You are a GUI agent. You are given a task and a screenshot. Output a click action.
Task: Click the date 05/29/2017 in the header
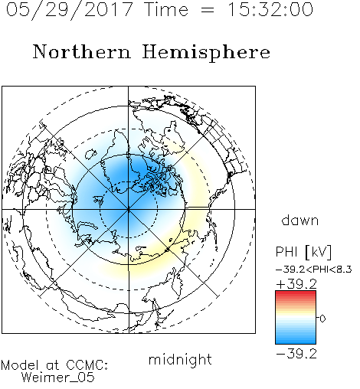coord(70,10)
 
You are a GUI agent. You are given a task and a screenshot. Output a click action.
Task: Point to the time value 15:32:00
coord(270,9)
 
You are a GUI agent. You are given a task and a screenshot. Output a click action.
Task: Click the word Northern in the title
coord(82,52)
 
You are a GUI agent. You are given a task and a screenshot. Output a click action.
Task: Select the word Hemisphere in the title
coord(206,53)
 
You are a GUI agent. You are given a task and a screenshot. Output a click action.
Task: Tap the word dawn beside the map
coord(300,220)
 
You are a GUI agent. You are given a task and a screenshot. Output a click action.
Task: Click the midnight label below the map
coord(180,359)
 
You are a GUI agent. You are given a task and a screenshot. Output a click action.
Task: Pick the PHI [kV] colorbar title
coord(303,252)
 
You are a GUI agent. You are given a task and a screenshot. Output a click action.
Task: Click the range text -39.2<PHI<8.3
coord(314,270)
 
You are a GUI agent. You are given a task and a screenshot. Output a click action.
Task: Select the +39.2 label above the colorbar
coord(296,284)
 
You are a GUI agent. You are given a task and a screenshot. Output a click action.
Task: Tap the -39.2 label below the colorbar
coord(296,354)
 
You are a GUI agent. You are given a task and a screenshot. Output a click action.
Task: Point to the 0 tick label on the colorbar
coord(322,319)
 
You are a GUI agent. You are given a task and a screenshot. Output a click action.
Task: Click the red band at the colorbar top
coord(296,294)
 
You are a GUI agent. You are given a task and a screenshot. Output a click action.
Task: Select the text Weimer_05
coord(58,378)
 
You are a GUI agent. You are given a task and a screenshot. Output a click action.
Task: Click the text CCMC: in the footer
coord(87,365)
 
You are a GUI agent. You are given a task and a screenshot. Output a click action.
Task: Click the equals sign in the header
coord(208,11)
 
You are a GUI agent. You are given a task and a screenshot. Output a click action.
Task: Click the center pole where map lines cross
coord(129,209)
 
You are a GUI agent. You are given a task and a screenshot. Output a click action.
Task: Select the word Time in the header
coord(166,9)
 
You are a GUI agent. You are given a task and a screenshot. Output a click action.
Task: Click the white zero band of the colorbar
coord(296,318)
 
